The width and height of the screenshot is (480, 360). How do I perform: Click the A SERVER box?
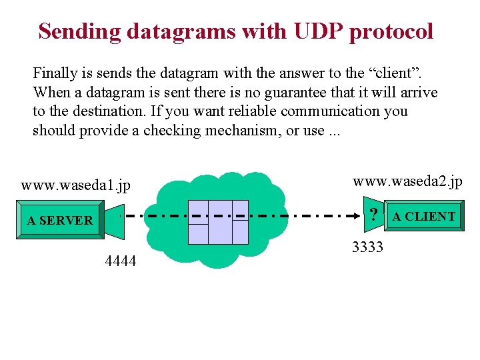coord(60,220)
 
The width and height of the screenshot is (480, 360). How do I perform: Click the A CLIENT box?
coord(424,216)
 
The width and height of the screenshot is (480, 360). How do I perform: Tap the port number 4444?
coord(121,261)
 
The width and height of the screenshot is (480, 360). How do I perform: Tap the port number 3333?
coord(367,248)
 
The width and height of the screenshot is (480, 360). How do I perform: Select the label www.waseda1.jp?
coord(75,185)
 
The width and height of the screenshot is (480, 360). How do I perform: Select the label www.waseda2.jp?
coord(407,181)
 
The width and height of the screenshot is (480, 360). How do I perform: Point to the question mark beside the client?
coord(374,215)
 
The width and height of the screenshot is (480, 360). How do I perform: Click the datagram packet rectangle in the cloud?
coord(218,221)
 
